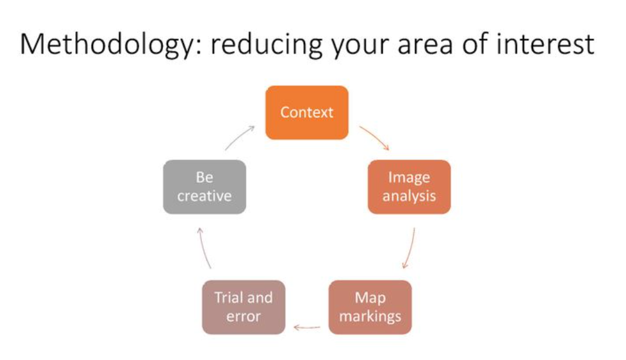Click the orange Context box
coord(307,112)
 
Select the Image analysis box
coord(409,187)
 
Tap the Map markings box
coord(370,306)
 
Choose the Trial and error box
coord(243,306)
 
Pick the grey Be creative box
coord(204,187)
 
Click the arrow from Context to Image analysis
coord(374,138)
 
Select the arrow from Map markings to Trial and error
coord(307,328)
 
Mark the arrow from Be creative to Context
coord(239,138)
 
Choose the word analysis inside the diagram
coord(409,196)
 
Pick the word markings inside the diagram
coord(370,316)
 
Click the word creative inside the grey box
coord(204,196)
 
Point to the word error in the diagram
coord(243,316)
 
